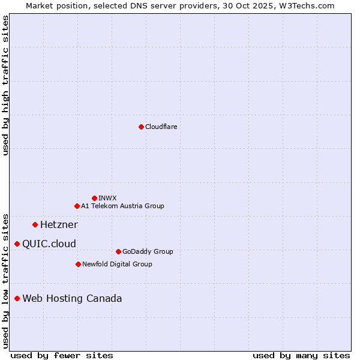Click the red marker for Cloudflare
pyautogui.click(x=141, y=127)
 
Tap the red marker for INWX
pyautogui.click(x=94, y=198)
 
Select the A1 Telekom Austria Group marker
pyautogui.click(x=77, y=206)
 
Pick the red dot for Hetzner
pyautogui.click(x=35, y=224)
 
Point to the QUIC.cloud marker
pyautogui.click(x=17, y=244)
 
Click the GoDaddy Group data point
pyautogui.click(x=118, y=251)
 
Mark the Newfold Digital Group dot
pyautogui.click(x=78, y=264)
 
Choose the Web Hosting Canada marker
pyautogui.click(x=17, y=298)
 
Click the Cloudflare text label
pyautogui.click(x=161, y=127)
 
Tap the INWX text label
pyautogui.click(x=107, y=198)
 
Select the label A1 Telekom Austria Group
pyautogui.click(x=122, y=206)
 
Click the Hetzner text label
pyautogui.click(x=59, y=224)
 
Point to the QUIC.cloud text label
pyautogui.click(x=49, y=244)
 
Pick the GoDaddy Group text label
pyautogui.click(x=148, y=251)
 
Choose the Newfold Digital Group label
pyautogui.click(x=117, y=264)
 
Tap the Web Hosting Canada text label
pyautogui.click(x=72, y=298)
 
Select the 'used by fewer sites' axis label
pyautogui.click(x=62, y=355)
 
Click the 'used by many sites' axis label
pyautogui.click(x=301, y=355)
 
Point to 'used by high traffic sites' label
pyautogui.click(x=5, y=85)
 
